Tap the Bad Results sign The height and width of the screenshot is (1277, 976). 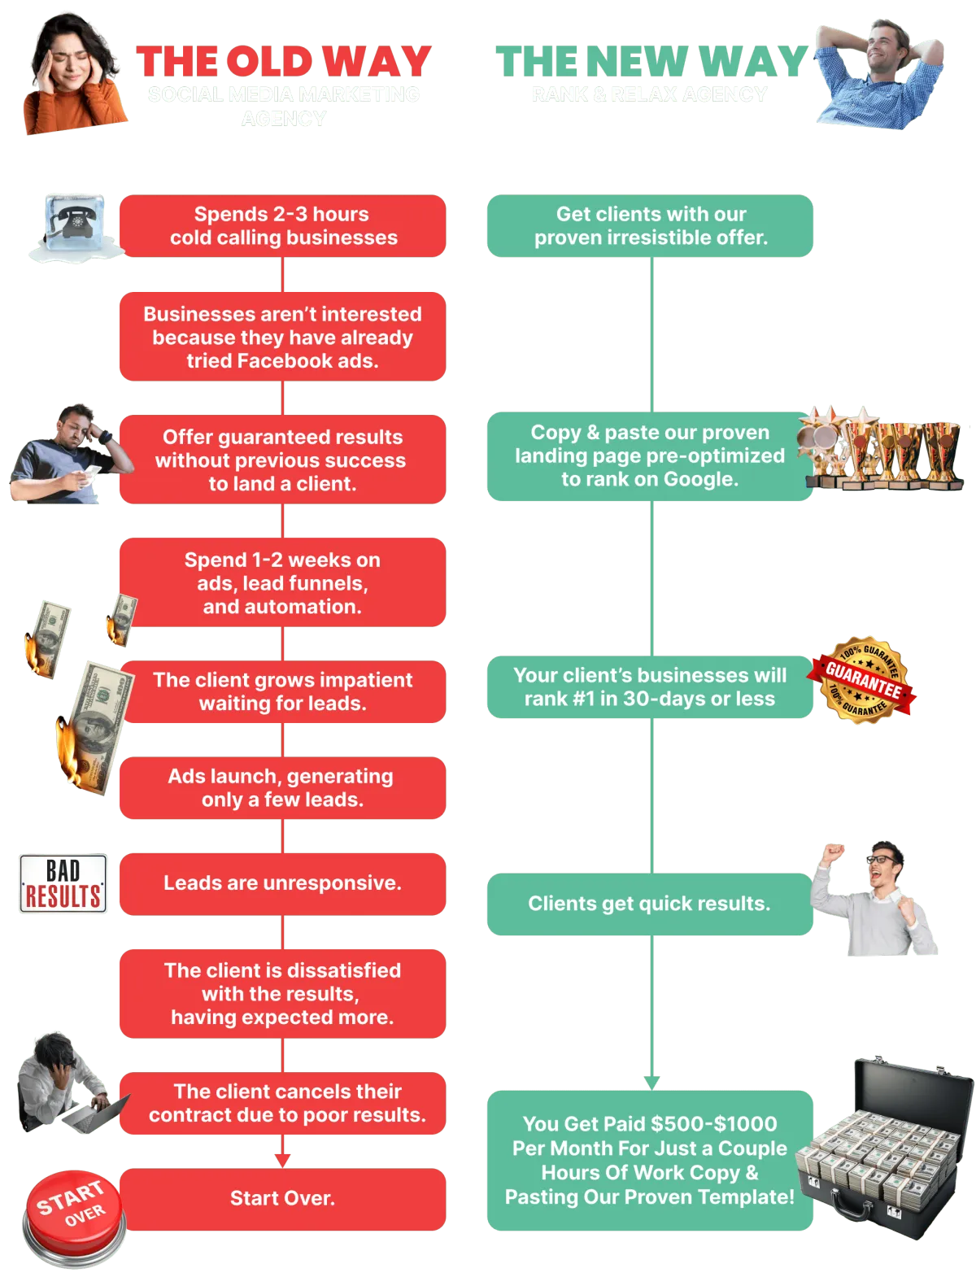pyautogui.click(x=63, y=884)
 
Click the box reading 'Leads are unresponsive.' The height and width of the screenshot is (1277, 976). pyautogui.click(x=282, y=883)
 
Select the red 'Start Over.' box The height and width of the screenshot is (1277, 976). pyautogui.click(x=282, y=1198)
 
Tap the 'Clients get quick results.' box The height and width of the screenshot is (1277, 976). pyautogui.click(x=649, y=904)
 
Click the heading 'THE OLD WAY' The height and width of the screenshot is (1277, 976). pyautogui.click(x=284, y=62)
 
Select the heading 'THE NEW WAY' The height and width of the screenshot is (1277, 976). pyautogui.click(x=651, y=62)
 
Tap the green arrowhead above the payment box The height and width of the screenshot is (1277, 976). pyautogui.click(x=651, y=1083)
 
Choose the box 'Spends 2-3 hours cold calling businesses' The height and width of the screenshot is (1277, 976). pyautogui.click(x=282, y=226)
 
